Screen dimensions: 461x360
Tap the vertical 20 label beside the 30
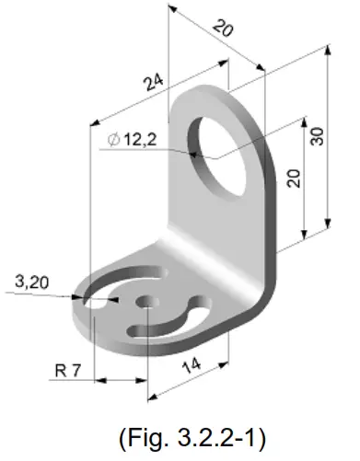tap(294, 174)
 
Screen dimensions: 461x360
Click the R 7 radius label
tap(67, 371)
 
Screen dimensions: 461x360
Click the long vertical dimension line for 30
tap(329, 138)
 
